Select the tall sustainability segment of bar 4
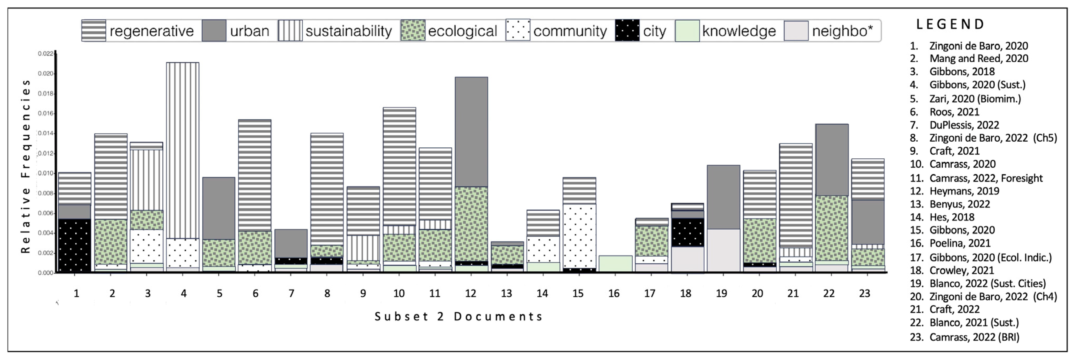pos(182,150)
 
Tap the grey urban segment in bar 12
pos(471,132)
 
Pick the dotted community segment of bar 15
pos(579,236)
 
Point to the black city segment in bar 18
pos(687,232)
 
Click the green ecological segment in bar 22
pos(831,228)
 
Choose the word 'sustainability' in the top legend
pos(349,31)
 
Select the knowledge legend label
pos(739,31)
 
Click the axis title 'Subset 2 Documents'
pos(458,317)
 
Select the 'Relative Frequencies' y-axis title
pos(26,166)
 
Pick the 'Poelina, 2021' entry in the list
pos(960,243)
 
